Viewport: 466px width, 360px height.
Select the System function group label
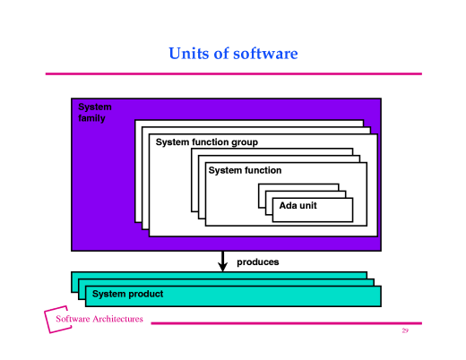pos(206,142)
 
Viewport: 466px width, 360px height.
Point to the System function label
pos(245,170)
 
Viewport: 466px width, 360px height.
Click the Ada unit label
pos(304,206)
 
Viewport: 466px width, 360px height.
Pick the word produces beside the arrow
pos(257,262)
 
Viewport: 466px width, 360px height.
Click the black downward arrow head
pos(223,266)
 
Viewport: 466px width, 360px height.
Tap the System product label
pos(127,294)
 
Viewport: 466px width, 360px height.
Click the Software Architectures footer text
pos(99,320)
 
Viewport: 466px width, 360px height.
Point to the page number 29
pos(405,331)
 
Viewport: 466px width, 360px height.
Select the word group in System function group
pos(244,142)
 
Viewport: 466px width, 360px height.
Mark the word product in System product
pos(145,294)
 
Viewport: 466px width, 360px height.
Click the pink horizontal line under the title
pos(233,73)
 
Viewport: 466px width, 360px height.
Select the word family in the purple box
pos(92,118)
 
